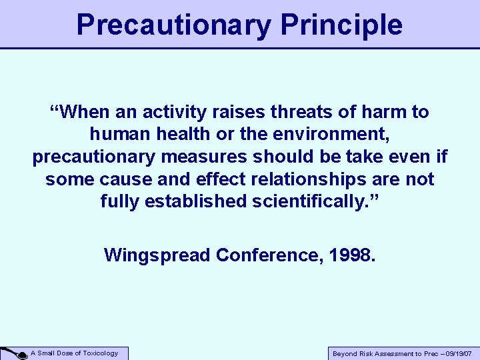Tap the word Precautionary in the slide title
click(x=174, y=25)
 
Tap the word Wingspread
click(x=157, y=255)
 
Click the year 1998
click(x=352, y=255)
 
